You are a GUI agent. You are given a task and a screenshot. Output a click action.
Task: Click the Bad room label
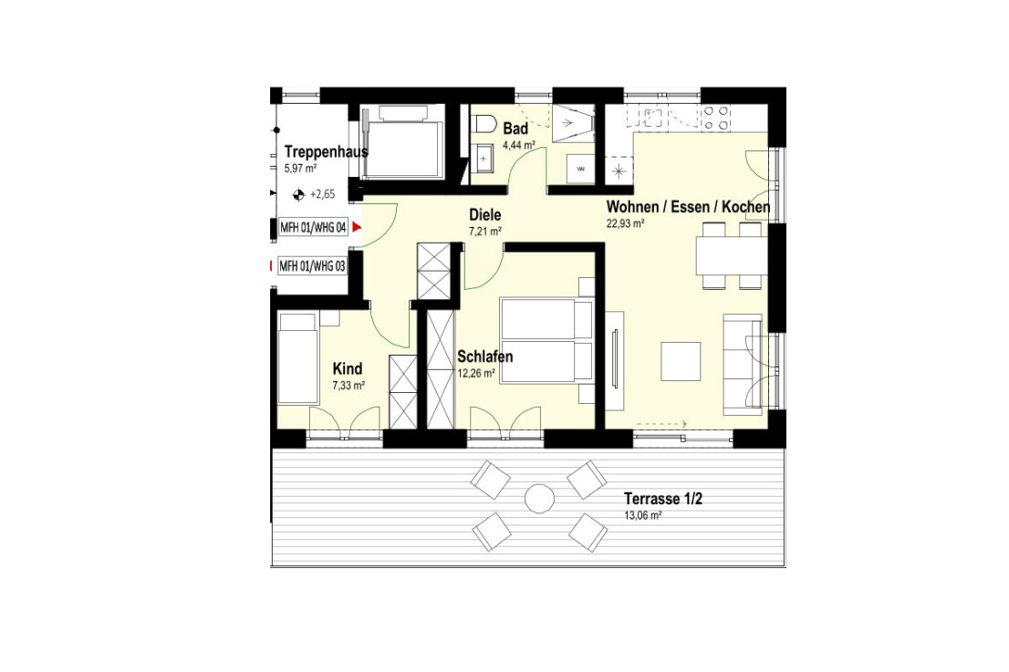pyautogui.click(x=515, y=129)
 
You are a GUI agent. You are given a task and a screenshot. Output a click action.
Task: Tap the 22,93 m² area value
pyautogui.click(x=626, y=223)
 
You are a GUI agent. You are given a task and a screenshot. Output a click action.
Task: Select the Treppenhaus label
pyautogui.click(x=327, y=152)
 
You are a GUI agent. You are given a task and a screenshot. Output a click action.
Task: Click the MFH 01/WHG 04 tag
pyautogui.click(x=314, y=228)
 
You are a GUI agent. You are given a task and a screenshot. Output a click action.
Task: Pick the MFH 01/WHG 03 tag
pyautogui.click(x=312, y=266)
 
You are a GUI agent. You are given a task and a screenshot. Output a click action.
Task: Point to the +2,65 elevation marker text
pyautogui.click(x=322, y=194)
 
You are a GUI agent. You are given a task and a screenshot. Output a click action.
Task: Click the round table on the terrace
pyautogui.click(x=539, y=499)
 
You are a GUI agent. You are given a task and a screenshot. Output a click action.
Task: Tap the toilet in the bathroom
pyautogui.click(x=484, y=124)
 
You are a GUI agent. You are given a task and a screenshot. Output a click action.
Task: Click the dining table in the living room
pyautogui.click(x=732, y=255)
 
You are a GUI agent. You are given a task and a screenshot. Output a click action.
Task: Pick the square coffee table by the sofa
pyautogui.click(x=681, y=361)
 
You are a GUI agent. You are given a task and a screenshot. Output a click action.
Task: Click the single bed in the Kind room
pyautogui.click(x=298, y=359)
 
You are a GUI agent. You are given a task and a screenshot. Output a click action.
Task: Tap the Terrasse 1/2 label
pyautogui.click(x=663, y=499)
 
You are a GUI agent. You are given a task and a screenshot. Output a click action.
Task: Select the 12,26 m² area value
pyautogui.click(x=476, y=373)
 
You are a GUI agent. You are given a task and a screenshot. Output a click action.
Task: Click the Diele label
pyautogui.click(x=485, y=215)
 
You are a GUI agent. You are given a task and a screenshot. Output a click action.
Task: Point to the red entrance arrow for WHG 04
pyautogui.click(x=357, y=227)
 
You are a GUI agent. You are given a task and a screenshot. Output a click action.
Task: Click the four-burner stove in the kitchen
pyautogui.click(x=715, y=118)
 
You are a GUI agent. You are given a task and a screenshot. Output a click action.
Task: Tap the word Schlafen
pyautogui.click(x=485, y=357)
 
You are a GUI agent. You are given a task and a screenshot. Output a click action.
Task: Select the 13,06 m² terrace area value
pyautogui.click(x=643, y=515)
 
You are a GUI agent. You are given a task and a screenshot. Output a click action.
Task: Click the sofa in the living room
pyautogui.click(x=743, y=364)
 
